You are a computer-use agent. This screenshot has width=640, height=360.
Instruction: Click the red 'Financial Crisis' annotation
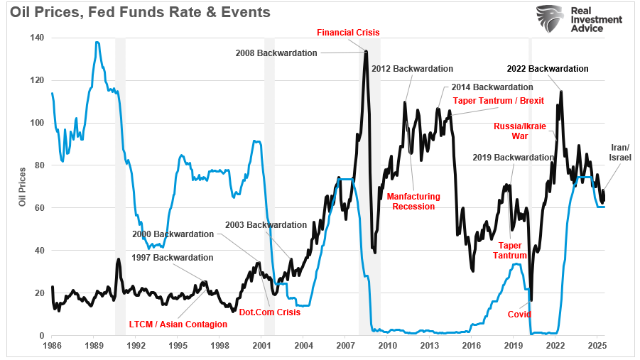pyautogui.click(x=348, y=33)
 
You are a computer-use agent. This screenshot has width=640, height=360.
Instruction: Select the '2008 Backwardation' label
pyautogui.click(x=276, y=53)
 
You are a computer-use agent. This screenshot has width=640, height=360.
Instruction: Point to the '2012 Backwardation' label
pyautogui.click(x=412, y=69)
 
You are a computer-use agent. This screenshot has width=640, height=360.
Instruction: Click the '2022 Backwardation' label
pyautogui.click(x=548, y=69)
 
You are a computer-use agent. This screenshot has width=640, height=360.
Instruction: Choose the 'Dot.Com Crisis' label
pyautogui.click(x=271, y=312)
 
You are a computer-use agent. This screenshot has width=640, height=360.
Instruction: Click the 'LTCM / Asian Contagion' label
pyautogui.click(x=178, y=324)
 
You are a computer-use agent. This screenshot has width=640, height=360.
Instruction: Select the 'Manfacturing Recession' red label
pyautogui.click(x=413, y=201)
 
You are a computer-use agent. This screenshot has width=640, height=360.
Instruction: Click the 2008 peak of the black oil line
pyautogui.click(x=366, y=51)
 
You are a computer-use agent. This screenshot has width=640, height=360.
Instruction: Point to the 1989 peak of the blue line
pyautogui.click(x=97, y=42)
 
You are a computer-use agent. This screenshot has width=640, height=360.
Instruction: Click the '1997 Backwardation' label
pyautogui.click(x=173, y=257)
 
